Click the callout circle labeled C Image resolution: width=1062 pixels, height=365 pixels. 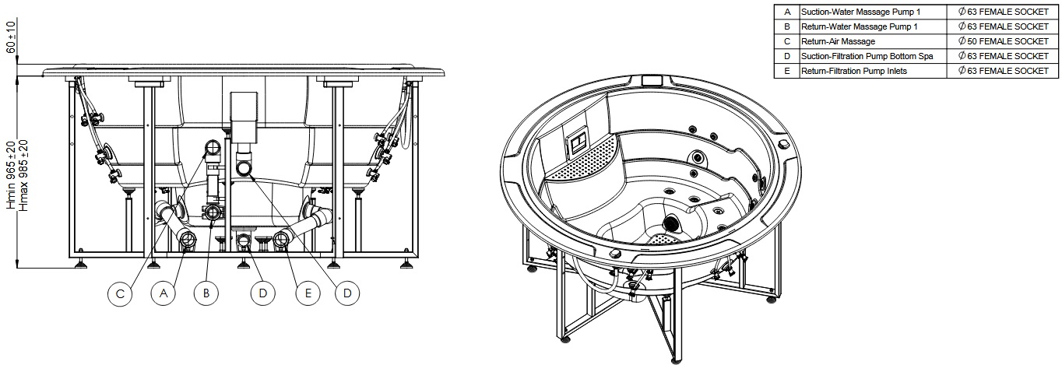(120, 293)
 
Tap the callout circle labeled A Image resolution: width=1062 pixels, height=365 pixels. (163, 293)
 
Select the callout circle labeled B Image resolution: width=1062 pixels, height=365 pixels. (206, 293)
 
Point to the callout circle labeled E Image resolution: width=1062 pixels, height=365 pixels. (308, 293)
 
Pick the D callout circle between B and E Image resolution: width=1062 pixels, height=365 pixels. (263, 293)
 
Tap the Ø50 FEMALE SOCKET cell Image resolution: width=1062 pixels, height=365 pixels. (1002, 41)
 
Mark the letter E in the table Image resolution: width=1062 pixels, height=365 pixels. (787, 71)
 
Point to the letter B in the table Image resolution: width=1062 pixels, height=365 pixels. (787, 27)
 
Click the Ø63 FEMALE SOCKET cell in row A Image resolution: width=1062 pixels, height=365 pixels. (1002, 12)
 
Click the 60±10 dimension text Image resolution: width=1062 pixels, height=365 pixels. (10, 37)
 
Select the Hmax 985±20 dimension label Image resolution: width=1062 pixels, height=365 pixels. (23, 175)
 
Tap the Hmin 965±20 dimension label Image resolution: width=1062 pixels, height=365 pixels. (11, 175)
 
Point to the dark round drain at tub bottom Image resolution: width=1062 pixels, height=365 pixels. (671, 223)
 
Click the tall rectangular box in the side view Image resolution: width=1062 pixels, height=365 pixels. (244, 118)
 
